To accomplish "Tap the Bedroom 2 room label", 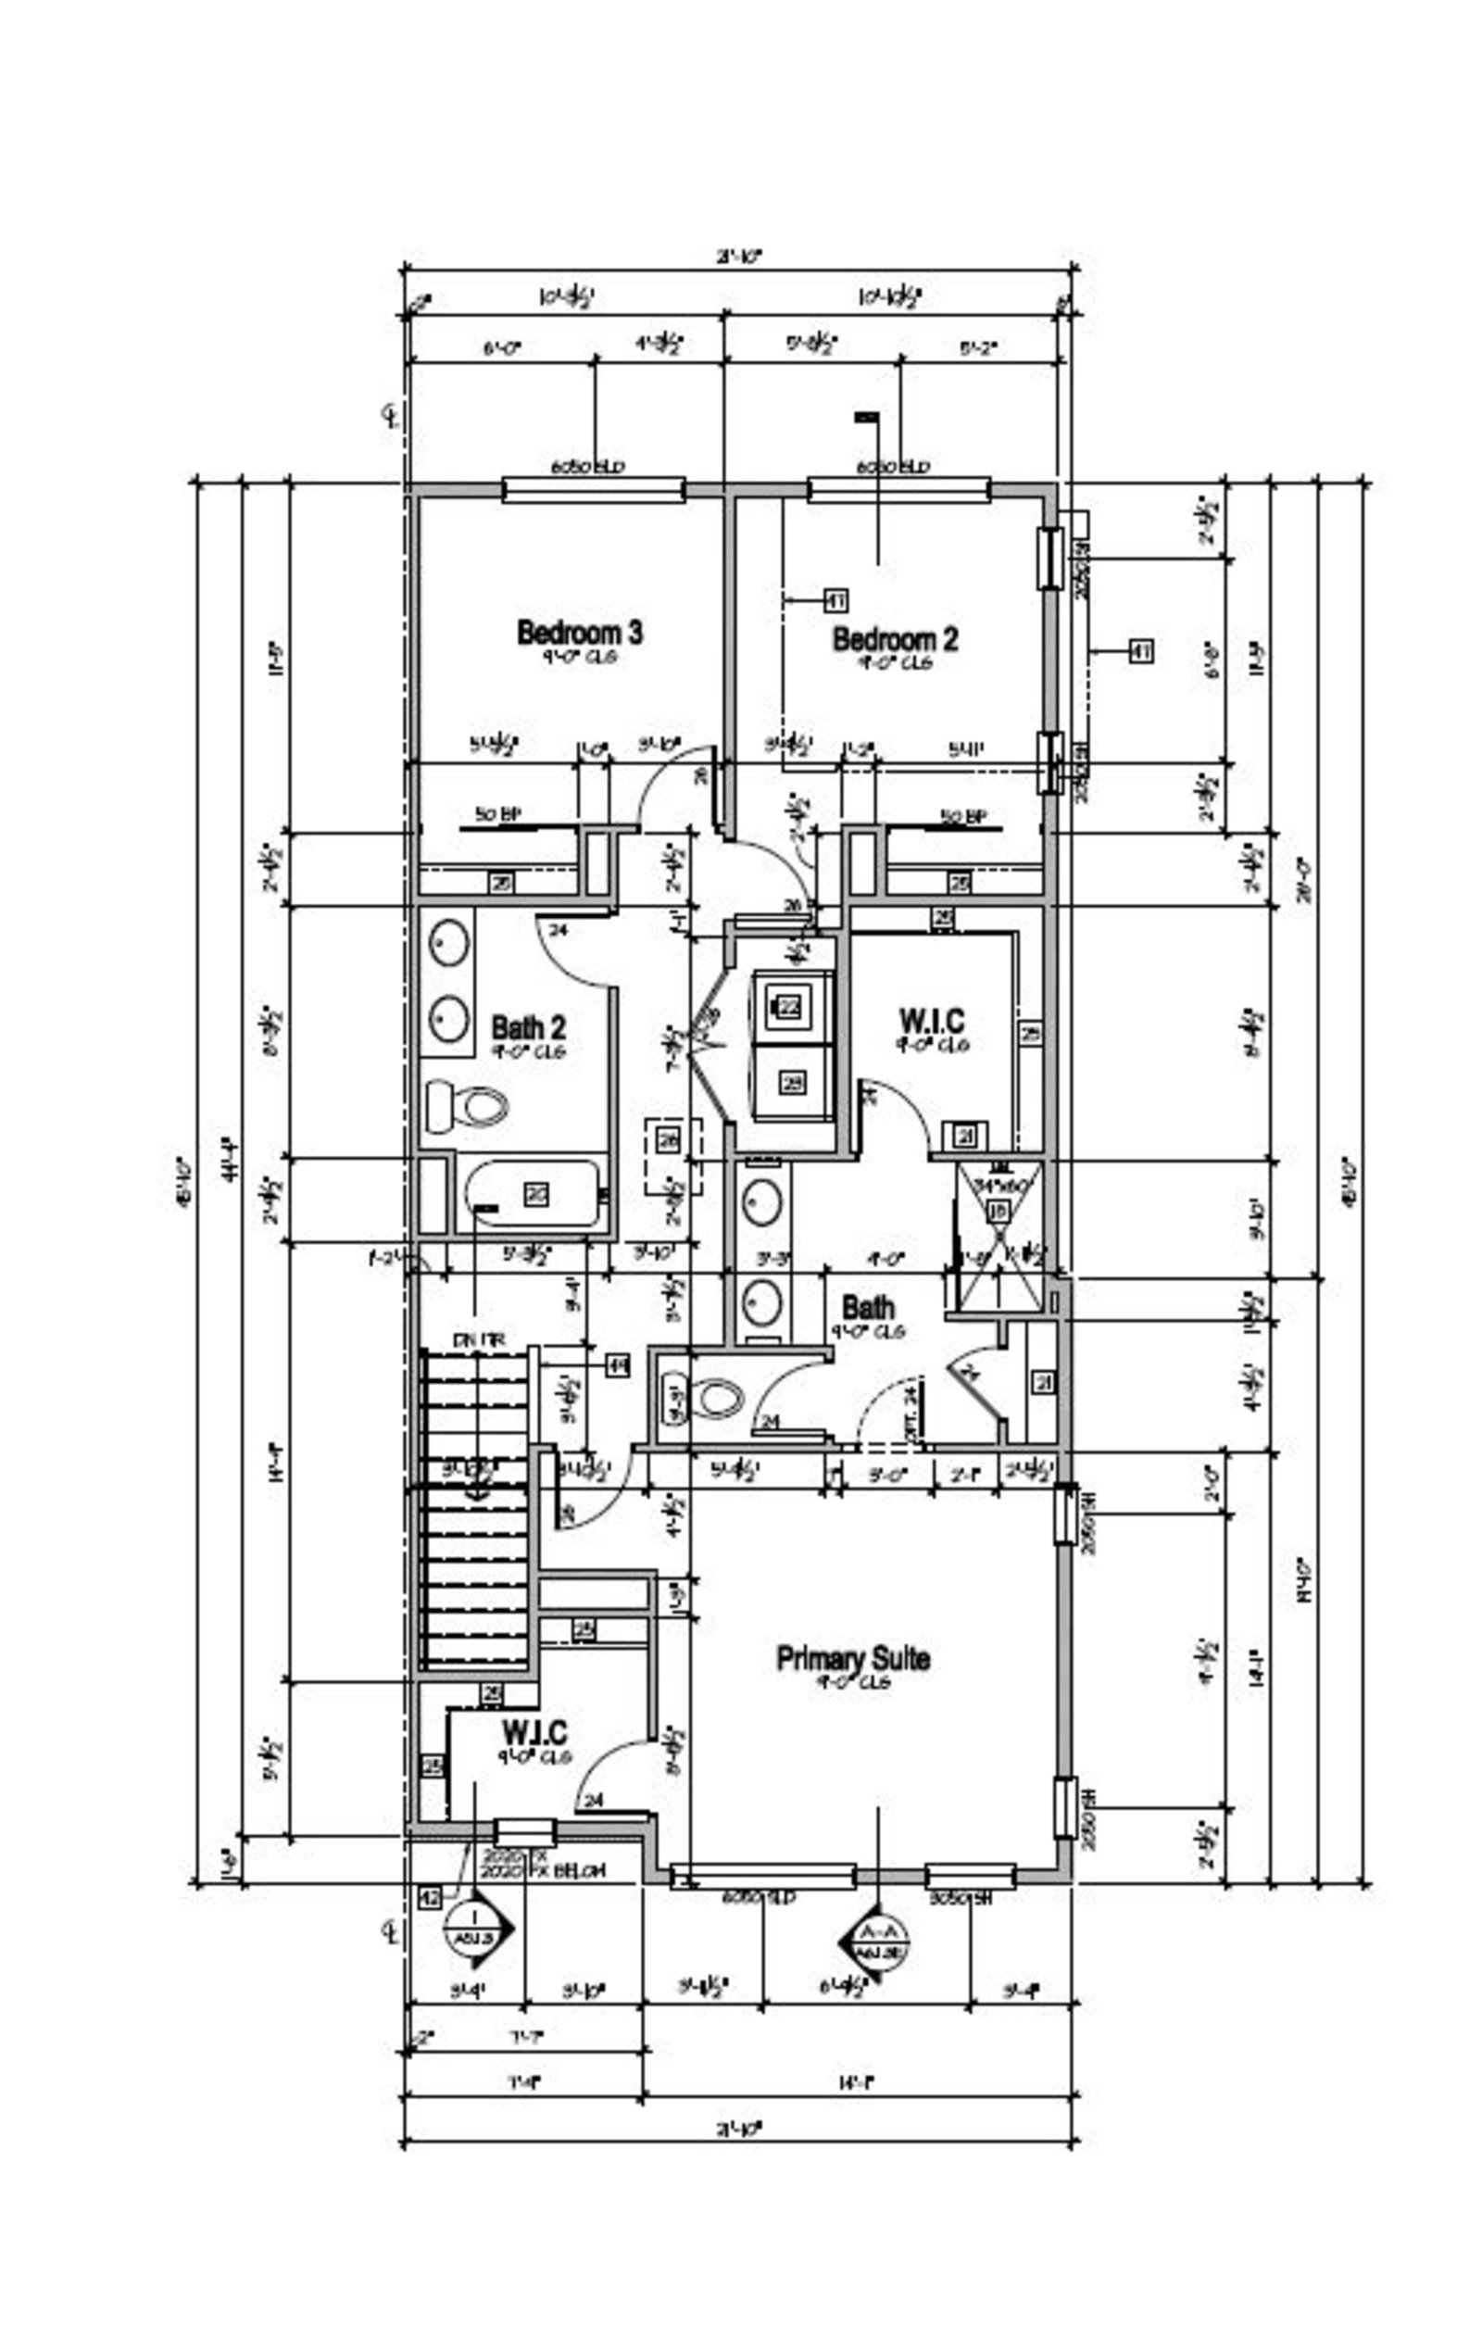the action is (895, 639).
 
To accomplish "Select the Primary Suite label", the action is (853, 1659).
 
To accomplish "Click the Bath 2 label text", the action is (528, 1026).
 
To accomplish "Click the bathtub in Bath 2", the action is (534, 1194).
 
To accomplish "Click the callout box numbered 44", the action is (617, 1365).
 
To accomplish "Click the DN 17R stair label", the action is (478, 1340).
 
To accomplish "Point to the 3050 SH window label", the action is (961, 1898).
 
